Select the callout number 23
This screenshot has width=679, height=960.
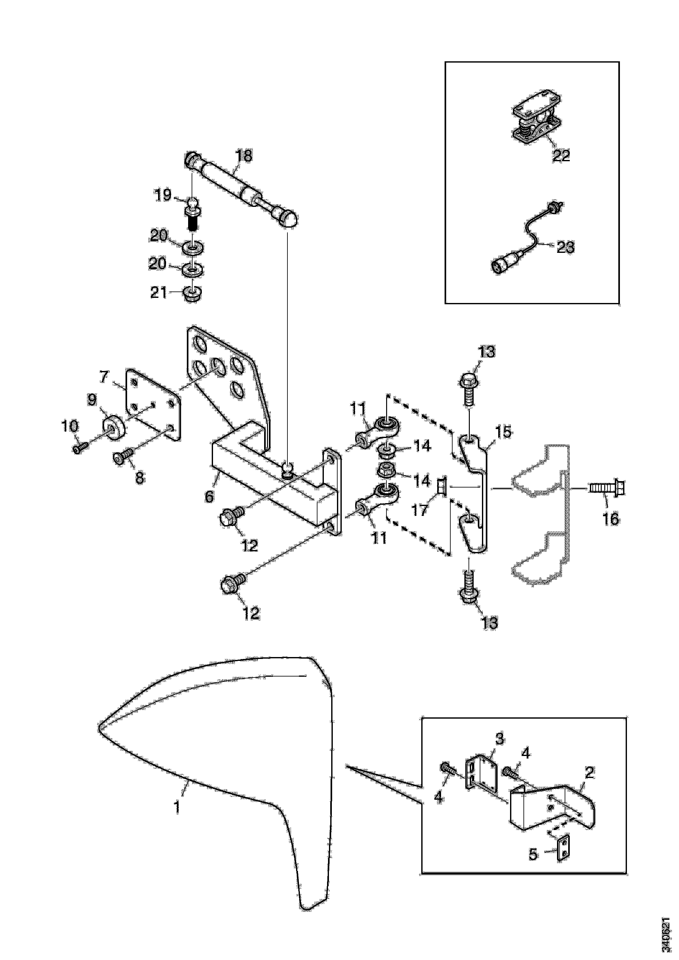click(565, 247)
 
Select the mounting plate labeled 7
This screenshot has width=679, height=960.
click(153, 403)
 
